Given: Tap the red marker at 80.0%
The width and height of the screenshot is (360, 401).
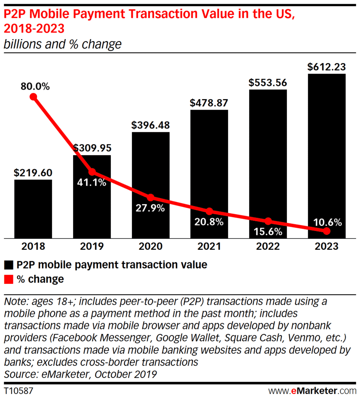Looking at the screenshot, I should click(34, 97).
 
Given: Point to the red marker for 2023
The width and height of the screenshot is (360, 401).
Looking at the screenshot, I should click(327, 231).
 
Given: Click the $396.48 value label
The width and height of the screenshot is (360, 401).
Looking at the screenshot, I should click(151, 126).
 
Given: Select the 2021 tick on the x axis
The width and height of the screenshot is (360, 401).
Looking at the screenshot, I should click(209, 246).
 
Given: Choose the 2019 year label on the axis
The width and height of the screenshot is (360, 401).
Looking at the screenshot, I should click(92, 246).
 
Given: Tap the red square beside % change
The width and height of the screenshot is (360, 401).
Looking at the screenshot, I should click(9, 279).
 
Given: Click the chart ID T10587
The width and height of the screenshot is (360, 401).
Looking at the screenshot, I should click(18, 390).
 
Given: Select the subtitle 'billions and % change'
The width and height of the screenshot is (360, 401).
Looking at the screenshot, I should click(63, 44).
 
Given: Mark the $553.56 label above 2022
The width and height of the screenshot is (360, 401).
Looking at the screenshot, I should click(268, 83).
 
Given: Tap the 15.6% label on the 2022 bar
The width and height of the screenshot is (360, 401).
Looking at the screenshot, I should click(268, 231).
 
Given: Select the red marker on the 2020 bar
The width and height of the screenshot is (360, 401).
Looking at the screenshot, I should click(151, 197).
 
